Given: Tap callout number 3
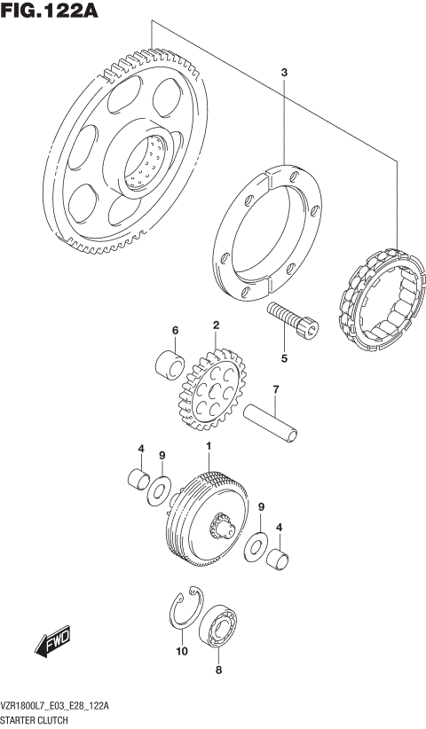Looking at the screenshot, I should coord(284,71).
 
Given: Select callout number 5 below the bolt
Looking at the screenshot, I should coord(284,359).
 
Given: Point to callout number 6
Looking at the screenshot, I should coord(175,331).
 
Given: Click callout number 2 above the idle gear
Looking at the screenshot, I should coord(215,327).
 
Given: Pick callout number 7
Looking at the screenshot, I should coord(276,389).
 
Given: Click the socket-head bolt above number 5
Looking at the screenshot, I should coord(290,320).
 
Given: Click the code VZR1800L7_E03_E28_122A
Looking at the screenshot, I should coord(55,706).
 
